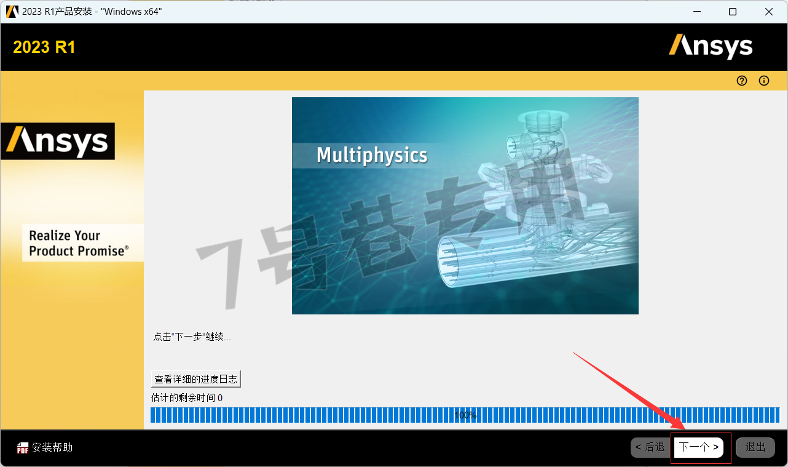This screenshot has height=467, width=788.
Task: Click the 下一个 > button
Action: tap(699, 447)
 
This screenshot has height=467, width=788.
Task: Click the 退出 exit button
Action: tap(755, 447)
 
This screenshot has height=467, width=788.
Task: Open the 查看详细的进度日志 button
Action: tap(196, 379)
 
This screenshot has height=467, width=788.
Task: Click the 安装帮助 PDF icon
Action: tap(23, 448)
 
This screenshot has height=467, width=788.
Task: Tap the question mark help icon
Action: tap(741, 81)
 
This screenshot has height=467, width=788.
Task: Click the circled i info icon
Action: tap(764, 81)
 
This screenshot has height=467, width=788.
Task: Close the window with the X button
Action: tap(769, 12)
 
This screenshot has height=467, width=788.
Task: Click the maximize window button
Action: tap(733, 12)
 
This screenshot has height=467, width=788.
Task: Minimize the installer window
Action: tap(697, 12)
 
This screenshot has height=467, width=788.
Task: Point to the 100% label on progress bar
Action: tap(465, 415)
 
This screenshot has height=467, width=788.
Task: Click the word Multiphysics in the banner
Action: tap(372, 155)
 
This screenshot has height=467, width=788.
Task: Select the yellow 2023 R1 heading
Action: tap(44, 47)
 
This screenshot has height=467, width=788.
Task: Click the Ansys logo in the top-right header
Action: tap(711, 47)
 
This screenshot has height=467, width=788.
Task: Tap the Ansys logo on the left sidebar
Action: tap(58, 141)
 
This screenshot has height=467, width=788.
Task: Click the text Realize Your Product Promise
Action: tap(79, 243)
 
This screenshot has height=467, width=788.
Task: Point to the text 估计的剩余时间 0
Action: tap(187, 397)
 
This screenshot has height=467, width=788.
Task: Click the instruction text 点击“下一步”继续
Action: tap(192, 337)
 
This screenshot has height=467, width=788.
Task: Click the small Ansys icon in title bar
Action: tap(12, 12)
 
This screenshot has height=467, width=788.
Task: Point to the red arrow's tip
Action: tap(685, 429)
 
